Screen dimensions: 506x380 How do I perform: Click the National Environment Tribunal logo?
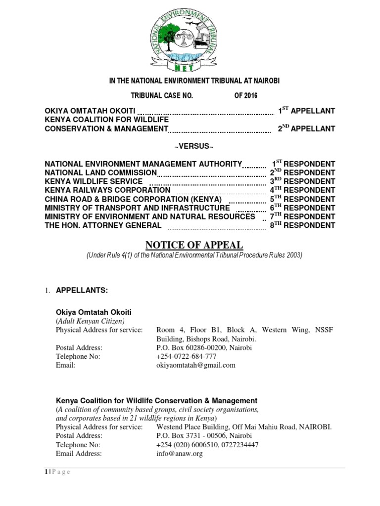coord(190,37)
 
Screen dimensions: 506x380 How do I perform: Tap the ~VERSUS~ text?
coord(190,147)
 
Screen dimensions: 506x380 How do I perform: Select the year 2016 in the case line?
coord(246,95)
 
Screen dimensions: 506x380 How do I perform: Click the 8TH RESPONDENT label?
coord(302,225)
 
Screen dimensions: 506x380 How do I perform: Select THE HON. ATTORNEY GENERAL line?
coord(103,225)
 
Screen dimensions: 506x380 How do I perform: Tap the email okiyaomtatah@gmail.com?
coord(196,365)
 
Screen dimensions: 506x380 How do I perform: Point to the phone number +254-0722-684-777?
coord(187,356)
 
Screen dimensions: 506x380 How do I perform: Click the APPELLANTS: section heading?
coord(81,290)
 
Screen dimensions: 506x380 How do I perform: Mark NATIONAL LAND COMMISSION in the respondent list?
coord(101,172)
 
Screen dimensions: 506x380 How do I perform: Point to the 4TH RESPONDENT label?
coord(302,190)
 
